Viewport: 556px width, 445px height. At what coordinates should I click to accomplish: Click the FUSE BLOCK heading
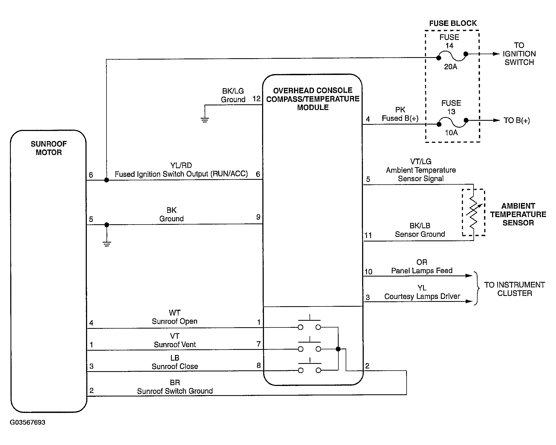[x=453, y=23]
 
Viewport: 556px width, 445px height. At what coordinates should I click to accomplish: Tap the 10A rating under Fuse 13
[x=451, y=133]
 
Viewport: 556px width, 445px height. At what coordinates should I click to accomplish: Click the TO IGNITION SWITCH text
[x=519, y=54]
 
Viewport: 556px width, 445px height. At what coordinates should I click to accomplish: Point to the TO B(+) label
[x=517, y=120]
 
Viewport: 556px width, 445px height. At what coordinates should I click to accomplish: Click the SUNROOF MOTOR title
[x=49, y=148]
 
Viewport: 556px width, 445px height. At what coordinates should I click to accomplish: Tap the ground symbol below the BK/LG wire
[x=205, y=120]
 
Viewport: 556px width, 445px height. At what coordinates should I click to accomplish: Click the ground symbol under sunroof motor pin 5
[x=107, y=244]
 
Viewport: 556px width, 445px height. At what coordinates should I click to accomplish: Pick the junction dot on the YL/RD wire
[x=107, y=180]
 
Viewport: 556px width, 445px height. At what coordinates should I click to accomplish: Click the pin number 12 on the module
[x=256, y=99]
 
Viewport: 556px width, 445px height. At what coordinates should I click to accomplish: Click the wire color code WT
[x=174, y=313]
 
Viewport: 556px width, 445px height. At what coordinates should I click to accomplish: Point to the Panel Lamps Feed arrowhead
[x=469, y=276]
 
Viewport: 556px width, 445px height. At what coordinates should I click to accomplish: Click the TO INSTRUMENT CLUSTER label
[x=514, y=289]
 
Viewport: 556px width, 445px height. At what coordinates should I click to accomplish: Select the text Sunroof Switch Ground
[x=175, y=391]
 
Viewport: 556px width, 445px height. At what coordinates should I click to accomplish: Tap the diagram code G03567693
[x=28, y=422]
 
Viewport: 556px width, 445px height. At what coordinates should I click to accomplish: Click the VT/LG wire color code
[x=421, y=161]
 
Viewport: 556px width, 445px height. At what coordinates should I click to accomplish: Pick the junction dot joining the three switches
[x=338, y=349]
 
